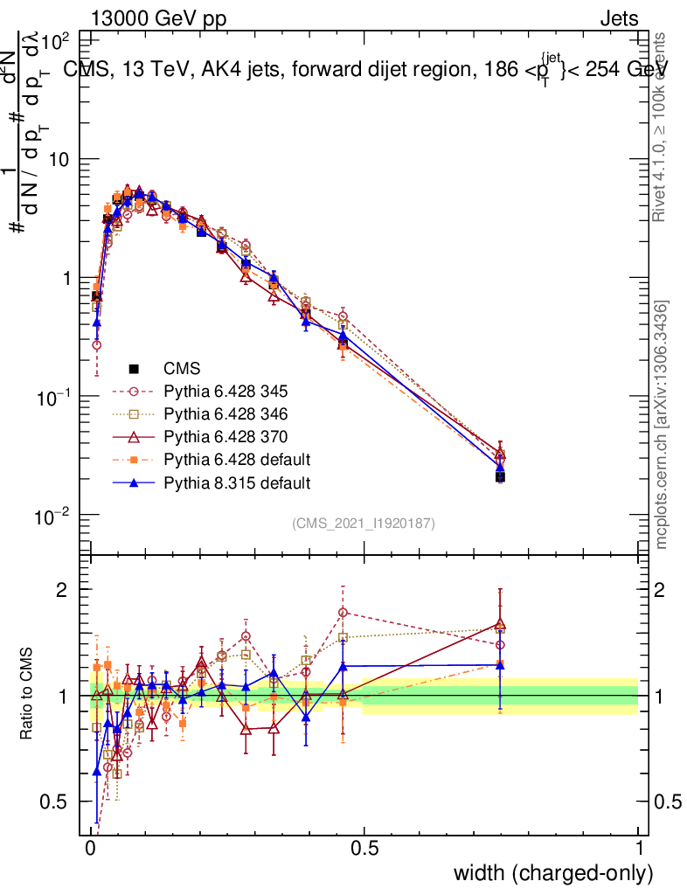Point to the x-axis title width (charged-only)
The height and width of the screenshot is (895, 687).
click(x=552, y=873)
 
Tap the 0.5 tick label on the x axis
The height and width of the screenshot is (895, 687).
click(x=364, y=850)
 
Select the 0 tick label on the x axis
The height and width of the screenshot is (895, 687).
click(x=91, y=850)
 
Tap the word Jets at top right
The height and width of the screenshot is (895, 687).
click(x=618, y=19)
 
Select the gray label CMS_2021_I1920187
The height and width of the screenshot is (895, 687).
click(x=364, y=523)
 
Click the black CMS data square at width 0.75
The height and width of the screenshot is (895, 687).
click(x=500, y=477)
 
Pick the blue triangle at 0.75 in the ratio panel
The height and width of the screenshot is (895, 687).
click(x=500, y=664)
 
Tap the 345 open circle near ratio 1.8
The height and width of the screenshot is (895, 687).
click(x=343, y=613)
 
